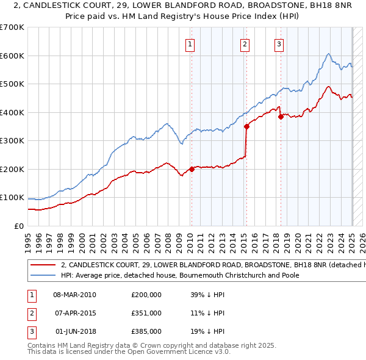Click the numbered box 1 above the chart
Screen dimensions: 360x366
190,44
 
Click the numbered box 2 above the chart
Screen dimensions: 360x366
245,44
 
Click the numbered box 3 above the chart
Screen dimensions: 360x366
279,44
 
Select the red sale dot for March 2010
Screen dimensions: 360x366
192,169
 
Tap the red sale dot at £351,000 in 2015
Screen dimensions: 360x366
246,126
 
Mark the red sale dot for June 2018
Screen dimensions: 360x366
281,117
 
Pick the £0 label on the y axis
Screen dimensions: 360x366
18,226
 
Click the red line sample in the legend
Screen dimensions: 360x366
43,265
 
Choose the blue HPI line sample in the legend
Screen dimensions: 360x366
43,275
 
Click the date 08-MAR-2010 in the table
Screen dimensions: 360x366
75,294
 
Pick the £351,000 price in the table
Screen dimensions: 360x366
146,313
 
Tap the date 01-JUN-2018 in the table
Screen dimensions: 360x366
75,332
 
